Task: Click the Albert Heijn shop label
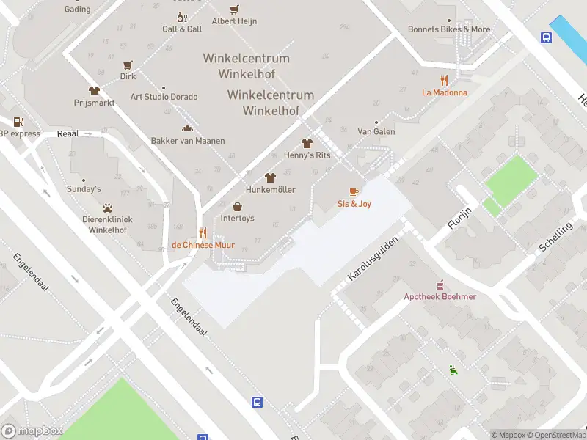(x=235, y=21)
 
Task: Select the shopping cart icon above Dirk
(x=128, y=65)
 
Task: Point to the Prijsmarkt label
(x=94, y=103)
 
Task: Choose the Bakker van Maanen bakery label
(x=188, y=140)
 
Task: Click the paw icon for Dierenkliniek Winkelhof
(x=108, y=208)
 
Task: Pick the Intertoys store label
(x=237, y=218)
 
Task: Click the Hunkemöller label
(x=270, y=190)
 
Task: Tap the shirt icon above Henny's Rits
(x=307, y=144)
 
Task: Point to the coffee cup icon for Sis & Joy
(x=354, y=192)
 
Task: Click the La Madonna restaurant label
(x=444, y=92)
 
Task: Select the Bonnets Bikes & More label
(x=449, y=29)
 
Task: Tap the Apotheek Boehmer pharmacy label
(x=440, y=296)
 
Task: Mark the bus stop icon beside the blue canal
(x=547, y=38)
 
